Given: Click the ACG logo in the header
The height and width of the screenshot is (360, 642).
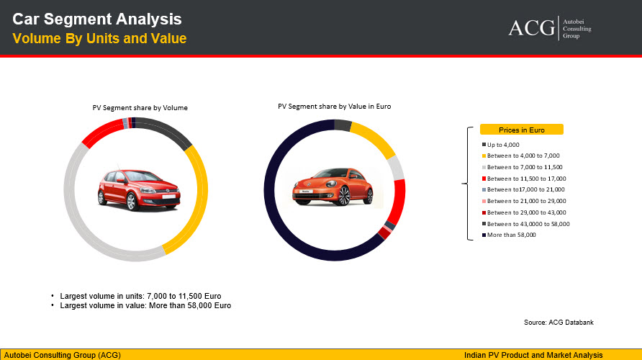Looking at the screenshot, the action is [550, 28].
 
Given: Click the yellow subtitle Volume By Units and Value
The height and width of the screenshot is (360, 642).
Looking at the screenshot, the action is [99, 38].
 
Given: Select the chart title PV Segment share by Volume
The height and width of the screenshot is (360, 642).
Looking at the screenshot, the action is [140, 108].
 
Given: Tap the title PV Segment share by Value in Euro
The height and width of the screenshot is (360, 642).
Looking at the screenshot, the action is [335, 107].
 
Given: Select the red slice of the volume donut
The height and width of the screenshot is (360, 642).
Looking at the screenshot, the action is [102, 132].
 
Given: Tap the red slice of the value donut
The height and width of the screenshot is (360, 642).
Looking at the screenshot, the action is [398, 202].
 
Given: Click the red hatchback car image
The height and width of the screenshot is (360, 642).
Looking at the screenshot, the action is [139, 189].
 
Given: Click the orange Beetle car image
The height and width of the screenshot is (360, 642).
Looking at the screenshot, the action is [333, 186].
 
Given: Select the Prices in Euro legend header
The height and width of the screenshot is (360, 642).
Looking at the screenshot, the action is [522, 130].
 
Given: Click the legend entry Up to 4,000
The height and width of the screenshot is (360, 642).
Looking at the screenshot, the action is [501, 145].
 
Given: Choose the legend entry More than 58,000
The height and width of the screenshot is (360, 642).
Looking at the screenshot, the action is [509, 235].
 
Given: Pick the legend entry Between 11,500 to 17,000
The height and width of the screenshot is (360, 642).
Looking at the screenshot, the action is [524, 179].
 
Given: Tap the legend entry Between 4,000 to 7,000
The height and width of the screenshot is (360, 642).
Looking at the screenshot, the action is [521, 156].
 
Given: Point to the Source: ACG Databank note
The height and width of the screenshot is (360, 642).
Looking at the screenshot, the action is [559, 323].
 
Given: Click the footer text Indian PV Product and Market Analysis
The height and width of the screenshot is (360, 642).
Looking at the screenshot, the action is [533, 355].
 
